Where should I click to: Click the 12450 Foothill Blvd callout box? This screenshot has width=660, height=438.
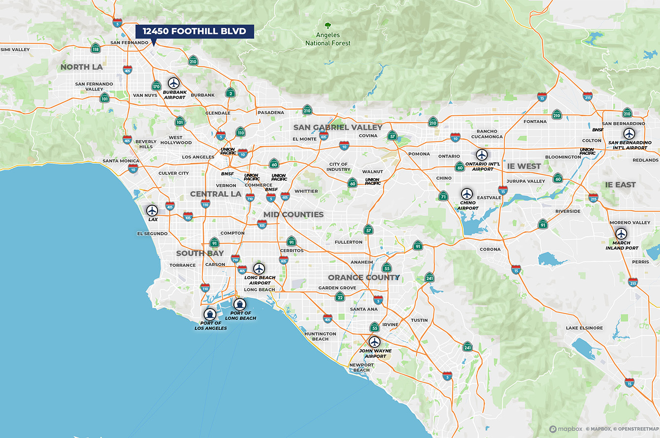(x=195, y=31)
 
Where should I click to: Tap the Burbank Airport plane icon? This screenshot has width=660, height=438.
(x=173, y=83)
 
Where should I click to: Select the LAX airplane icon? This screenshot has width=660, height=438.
(x=152, y=211)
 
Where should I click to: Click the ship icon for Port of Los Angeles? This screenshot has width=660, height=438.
(x=210, y=314)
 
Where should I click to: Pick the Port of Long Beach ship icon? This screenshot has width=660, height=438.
(x=240, y=304)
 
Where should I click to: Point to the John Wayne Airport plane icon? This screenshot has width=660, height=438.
(x=375, y=342)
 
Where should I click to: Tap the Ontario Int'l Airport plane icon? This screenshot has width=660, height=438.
(x=482, y=155)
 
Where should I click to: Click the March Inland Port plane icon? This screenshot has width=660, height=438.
(x=621, y=233)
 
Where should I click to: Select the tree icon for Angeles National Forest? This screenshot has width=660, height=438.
(x=328, y=26)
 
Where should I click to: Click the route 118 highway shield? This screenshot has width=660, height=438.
(x=96, y=48)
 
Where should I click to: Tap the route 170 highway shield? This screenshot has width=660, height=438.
(x=156, y=86)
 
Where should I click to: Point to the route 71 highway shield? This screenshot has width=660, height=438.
(x=444, y=196)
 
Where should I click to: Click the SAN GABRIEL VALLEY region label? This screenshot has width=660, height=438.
(x=338, y=127)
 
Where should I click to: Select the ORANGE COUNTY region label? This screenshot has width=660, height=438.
(x=364, y=278)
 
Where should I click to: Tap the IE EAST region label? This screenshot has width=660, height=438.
(x=621, y=185)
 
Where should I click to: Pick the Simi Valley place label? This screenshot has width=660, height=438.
(x=15, y=50)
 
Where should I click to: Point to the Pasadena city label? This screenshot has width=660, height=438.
(x=271, y=113)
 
